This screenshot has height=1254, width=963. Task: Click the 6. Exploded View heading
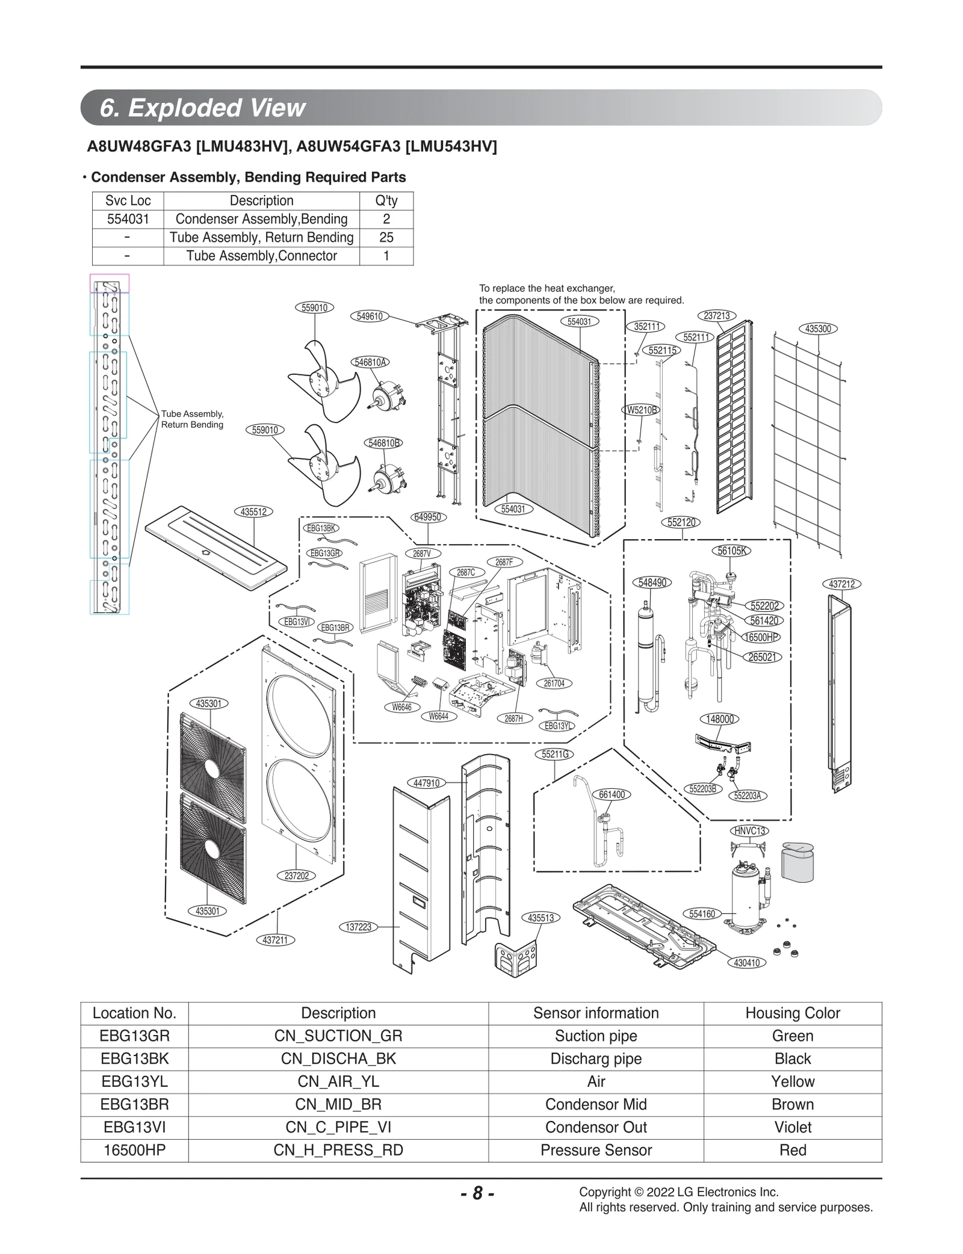[203, 108]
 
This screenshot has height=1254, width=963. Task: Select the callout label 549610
[370, 316]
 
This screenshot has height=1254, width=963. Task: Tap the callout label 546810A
[370, 362]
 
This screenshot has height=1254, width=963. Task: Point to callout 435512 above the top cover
[253, 512]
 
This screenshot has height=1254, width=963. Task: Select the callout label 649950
[428, 517]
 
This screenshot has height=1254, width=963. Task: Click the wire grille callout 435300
[818, 329]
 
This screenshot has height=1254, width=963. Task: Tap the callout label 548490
[652, 582]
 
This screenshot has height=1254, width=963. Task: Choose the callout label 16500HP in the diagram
[762, 637]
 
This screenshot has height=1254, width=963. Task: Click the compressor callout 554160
[702, 914]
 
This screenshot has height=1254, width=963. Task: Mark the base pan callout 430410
[747, 963]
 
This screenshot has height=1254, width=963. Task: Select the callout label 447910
[427, 783]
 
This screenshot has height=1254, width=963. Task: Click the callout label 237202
[297, 876]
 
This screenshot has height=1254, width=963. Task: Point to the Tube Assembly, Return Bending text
[192, 419]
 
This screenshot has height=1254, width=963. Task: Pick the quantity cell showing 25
[386, 237]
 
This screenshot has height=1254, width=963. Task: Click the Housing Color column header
[792, 1013]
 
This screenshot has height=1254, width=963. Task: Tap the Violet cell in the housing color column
[792, 1127]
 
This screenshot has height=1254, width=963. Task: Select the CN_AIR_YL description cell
[338, 1081]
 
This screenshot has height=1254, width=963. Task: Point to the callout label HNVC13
[749, 831]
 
